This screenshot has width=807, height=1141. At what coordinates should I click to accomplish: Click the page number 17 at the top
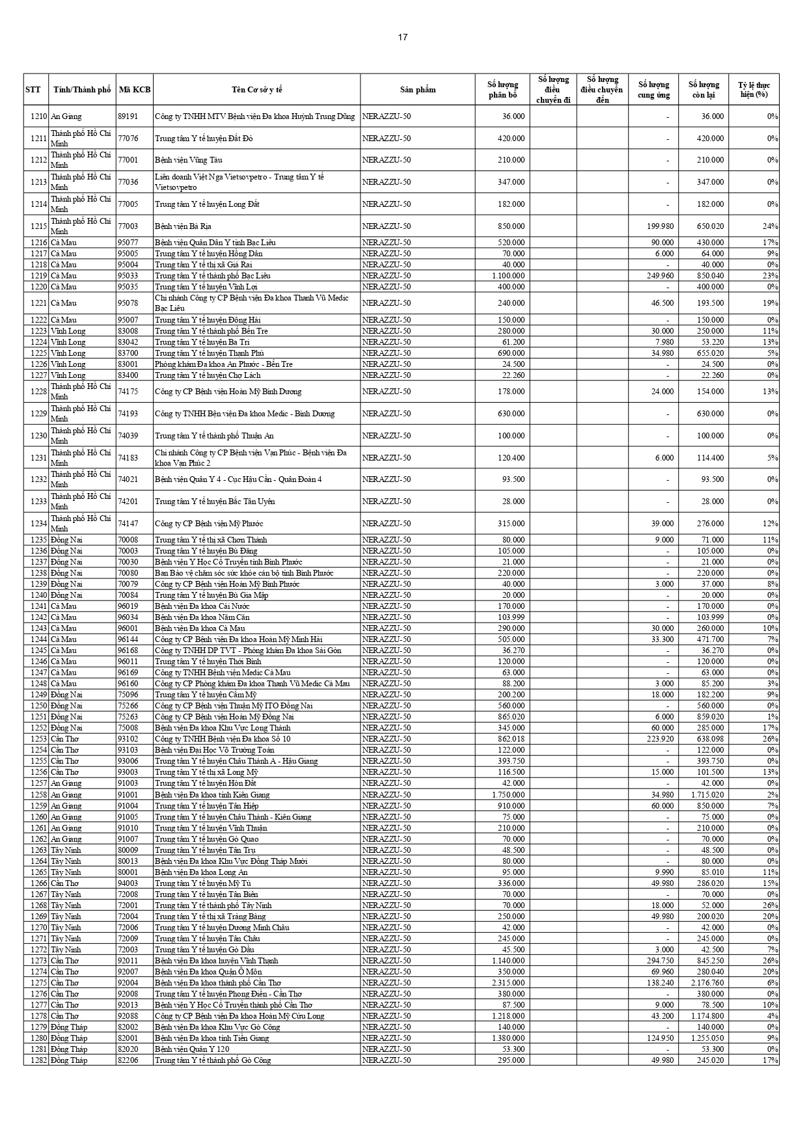[403, 37]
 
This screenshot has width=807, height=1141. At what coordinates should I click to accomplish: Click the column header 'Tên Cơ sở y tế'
[256, 90]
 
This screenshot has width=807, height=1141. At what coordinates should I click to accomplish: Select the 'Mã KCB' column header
[135, 90]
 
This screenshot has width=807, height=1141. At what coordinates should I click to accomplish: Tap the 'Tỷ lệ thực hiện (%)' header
[754, 90]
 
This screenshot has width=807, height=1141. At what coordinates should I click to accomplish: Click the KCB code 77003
[128, 226]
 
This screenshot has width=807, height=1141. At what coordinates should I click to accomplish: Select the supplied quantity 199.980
[657, 226]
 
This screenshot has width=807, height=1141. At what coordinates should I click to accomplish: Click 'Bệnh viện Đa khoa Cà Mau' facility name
[199, 628]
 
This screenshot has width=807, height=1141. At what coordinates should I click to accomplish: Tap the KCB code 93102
[128, 739]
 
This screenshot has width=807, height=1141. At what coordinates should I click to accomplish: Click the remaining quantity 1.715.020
[705, 795]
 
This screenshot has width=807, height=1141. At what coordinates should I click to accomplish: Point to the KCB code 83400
[128, 375]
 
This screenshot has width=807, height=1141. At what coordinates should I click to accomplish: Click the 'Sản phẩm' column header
[417, 90]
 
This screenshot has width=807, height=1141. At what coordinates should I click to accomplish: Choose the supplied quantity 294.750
[657, 961]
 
